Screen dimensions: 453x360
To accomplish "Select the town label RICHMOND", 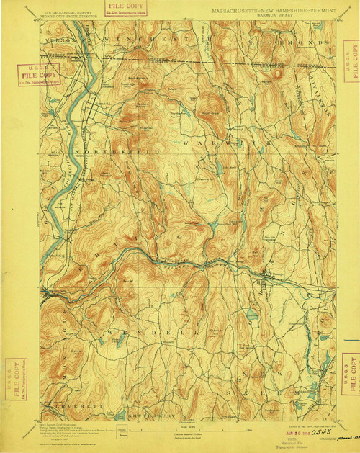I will point(288,41).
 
